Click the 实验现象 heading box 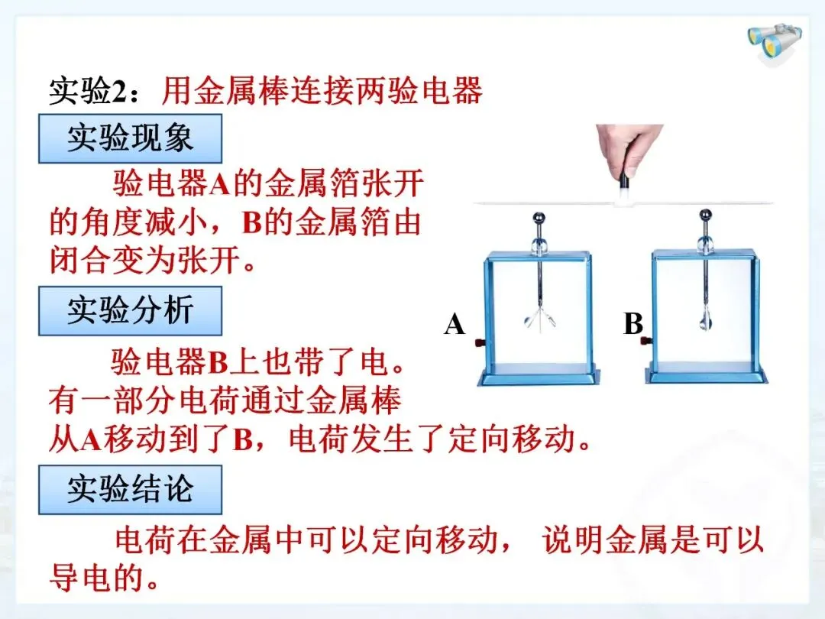[130, 138]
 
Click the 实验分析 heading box [130, 310]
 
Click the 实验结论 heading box [130, 490]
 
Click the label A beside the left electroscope [455, 324]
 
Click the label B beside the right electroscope [633, 324]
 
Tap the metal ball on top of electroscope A [539, 218]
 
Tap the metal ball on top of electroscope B [706, 216]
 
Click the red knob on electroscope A [480, 343]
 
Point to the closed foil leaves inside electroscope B [705, 319]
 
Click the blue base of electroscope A [539, 374]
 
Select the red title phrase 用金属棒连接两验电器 [322, 91]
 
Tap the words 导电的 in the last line [97, 578]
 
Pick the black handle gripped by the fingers [624, 179]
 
